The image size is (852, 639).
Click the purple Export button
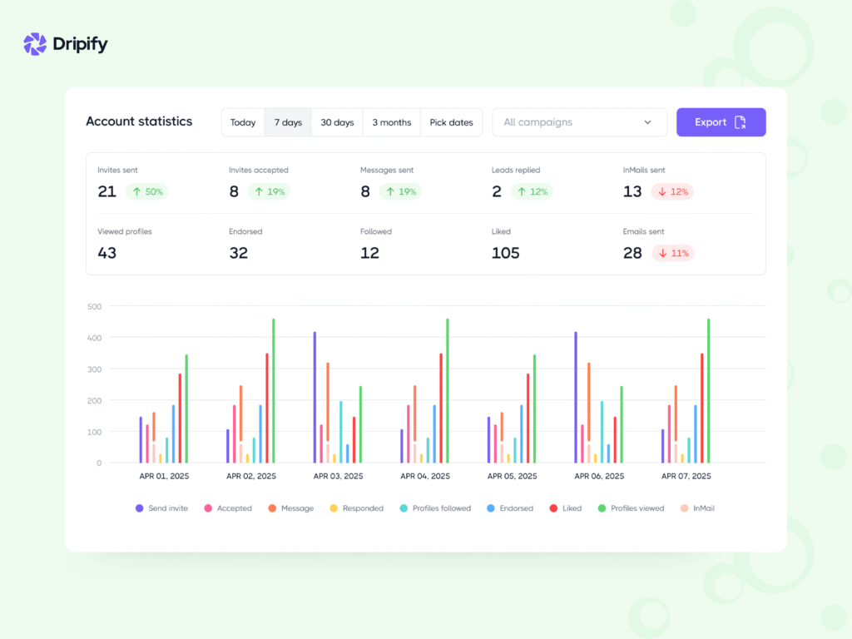(x=721, y=122)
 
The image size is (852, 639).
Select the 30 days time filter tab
(x=337, y=122)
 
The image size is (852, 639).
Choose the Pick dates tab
(x=451, y=122)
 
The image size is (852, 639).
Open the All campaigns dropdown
(x=579, y=122)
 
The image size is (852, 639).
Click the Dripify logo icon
(x=35, y=44)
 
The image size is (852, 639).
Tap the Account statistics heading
(x=139, y=121)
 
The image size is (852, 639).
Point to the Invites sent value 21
(x=106, y=191)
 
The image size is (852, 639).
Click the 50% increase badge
(x=146, y=191)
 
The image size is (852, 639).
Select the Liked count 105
(x=505, y=253)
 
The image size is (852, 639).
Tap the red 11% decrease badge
(x=672, y=253)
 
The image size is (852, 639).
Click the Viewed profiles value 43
(x=106, y=253)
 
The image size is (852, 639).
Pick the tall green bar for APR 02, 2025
(x=274, y=391)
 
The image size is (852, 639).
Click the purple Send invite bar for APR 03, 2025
(x=315, y=398)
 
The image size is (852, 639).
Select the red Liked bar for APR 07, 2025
(x=702, y=408)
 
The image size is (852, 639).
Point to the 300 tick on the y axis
(x=94, y=369)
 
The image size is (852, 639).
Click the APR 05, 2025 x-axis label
(x=512, y=477)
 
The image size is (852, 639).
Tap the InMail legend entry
(x=697, y=508)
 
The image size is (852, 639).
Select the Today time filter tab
(x=243, y=122)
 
